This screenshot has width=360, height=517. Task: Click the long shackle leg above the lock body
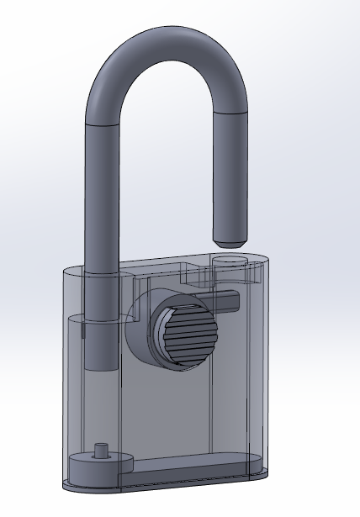click(x=100, y=193)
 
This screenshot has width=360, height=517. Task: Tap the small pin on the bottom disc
click(x=103, y=449)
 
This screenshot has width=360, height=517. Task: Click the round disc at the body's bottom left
click(x=93, y=467)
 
